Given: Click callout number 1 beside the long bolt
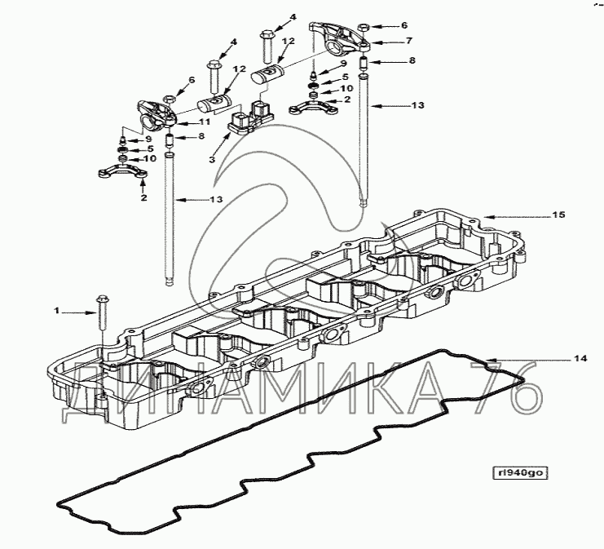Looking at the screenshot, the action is (x=56, y=310).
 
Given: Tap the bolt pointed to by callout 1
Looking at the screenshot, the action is (x=102, y=312).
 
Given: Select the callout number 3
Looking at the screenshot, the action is (x=212, y=159).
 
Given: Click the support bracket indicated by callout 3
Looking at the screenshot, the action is (x=251, y=117).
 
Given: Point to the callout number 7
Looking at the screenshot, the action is (x=409, y=41).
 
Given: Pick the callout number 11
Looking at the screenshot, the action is (x=205, y=122).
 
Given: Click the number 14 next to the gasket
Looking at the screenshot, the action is (x=580, y=359).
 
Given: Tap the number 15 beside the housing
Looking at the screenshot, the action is (x=559, y=215).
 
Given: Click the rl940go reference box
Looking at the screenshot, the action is (x=520, y=473).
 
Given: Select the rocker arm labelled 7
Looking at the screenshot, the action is (x=339, y=38).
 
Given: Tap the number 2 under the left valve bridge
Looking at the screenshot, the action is (x=143, y=197).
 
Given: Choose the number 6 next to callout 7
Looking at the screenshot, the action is (x=404, y=25).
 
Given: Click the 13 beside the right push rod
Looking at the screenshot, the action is (x=418, y=105).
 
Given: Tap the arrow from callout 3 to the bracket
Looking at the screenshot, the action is (x=222, y=144).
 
